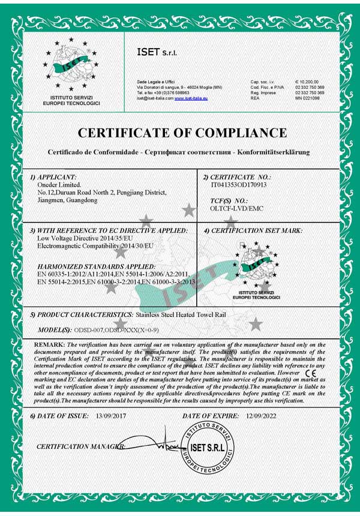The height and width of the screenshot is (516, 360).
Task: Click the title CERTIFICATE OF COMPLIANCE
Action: pos(182,133)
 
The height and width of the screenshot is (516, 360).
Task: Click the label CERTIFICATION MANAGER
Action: pos(81,446)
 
